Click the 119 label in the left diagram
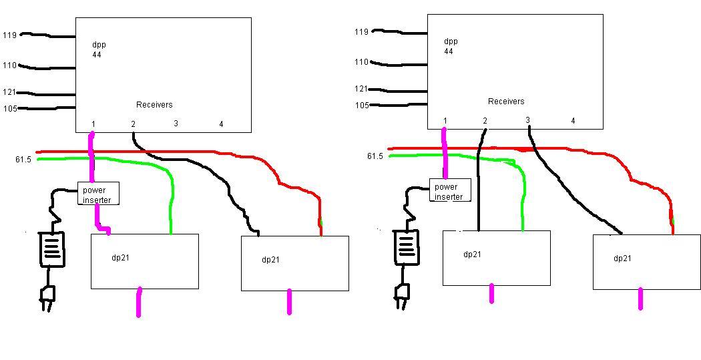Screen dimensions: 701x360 point(9,35)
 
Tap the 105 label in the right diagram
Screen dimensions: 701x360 point(362,105)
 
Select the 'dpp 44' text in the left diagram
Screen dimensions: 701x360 point(98,49)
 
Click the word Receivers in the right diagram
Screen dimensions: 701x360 point(506,102)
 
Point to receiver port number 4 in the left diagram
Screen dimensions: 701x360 point(221,124)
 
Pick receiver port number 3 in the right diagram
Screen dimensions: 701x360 point(527,120)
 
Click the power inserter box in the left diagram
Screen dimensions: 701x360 point(98,193)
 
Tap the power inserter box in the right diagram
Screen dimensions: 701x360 point(450,190)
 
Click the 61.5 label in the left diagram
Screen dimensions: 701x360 point(23,160)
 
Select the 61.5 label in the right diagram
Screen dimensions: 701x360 point(375,156)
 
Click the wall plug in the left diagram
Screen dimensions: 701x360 point(47,297)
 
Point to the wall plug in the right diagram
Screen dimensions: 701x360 point(402,295)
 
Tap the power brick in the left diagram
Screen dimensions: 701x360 point(52,249)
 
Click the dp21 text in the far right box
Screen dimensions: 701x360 point(622,258)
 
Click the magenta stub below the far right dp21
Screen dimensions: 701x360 point(641,299)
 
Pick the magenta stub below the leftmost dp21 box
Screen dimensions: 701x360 point(139,303)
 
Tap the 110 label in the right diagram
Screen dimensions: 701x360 point(361,62)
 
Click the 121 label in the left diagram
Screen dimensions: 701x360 point(9,92)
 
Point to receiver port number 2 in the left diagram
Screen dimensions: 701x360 point(134,124)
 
